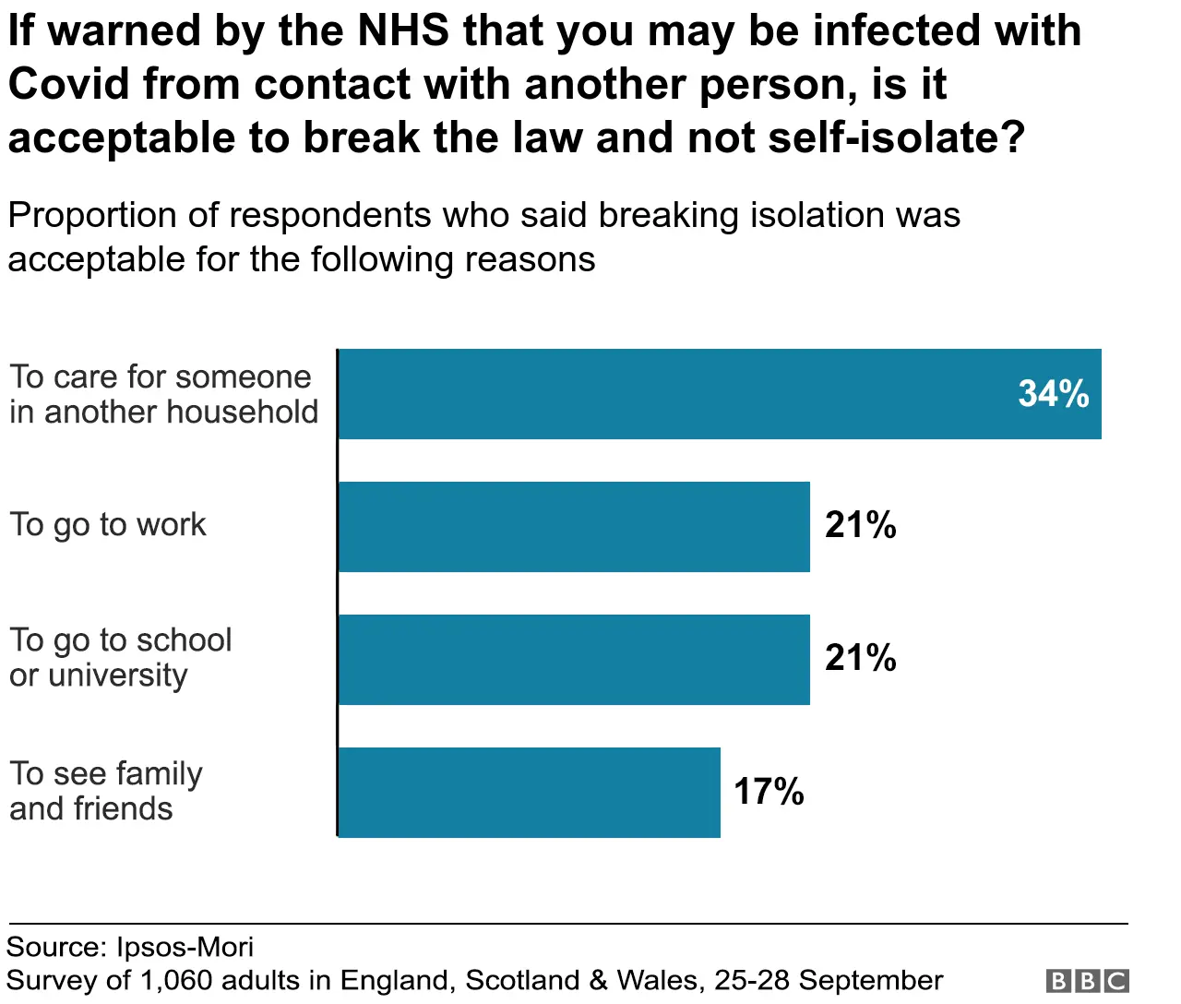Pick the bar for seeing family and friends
529,793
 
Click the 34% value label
1053,394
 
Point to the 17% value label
769,792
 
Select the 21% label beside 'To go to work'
860,525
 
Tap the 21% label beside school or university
860,658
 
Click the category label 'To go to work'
108,525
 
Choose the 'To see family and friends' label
105,791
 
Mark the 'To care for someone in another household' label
163,394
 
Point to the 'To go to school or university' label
120,658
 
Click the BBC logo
1088,980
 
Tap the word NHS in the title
402,30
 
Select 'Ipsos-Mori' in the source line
185,948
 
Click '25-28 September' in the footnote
829,980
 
